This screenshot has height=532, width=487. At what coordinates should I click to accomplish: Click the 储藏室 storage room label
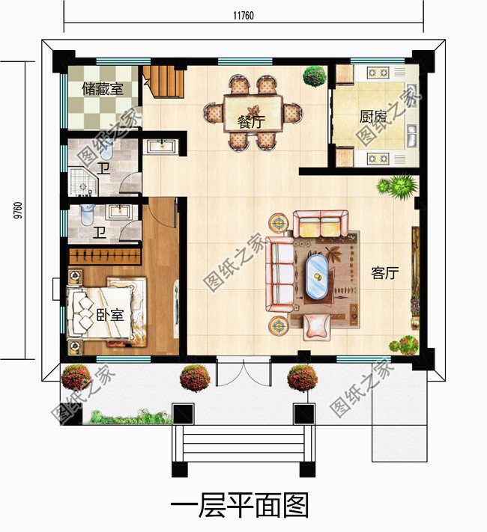point(103,89)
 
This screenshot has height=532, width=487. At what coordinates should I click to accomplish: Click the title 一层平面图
point(240,507)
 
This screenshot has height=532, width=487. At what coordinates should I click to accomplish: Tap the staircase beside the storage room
point(164,80)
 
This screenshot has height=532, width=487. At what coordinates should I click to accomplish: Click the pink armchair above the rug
point(320,223)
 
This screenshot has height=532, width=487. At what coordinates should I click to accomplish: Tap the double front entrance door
point(243,372)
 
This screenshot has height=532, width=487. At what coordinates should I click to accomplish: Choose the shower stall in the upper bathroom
point(80,180)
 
